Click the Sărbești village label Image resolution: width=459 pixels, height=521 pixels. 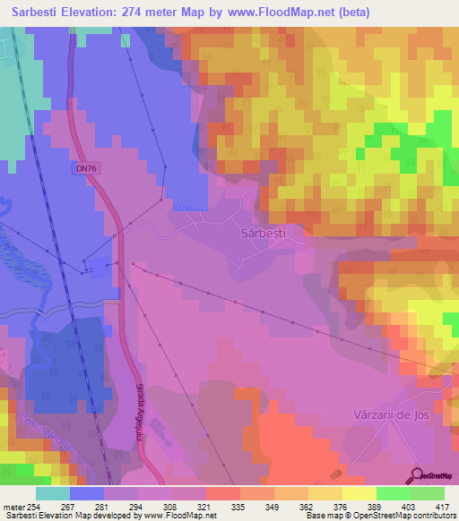pos(264,232)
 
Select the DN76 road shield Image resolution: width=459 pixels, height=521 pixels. pos(82,167)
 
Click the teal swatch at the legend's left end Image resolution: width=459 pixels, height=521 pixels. pos(53,492)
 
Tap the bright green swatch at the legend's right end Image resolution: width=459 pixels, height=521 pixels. pos(427,492)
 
